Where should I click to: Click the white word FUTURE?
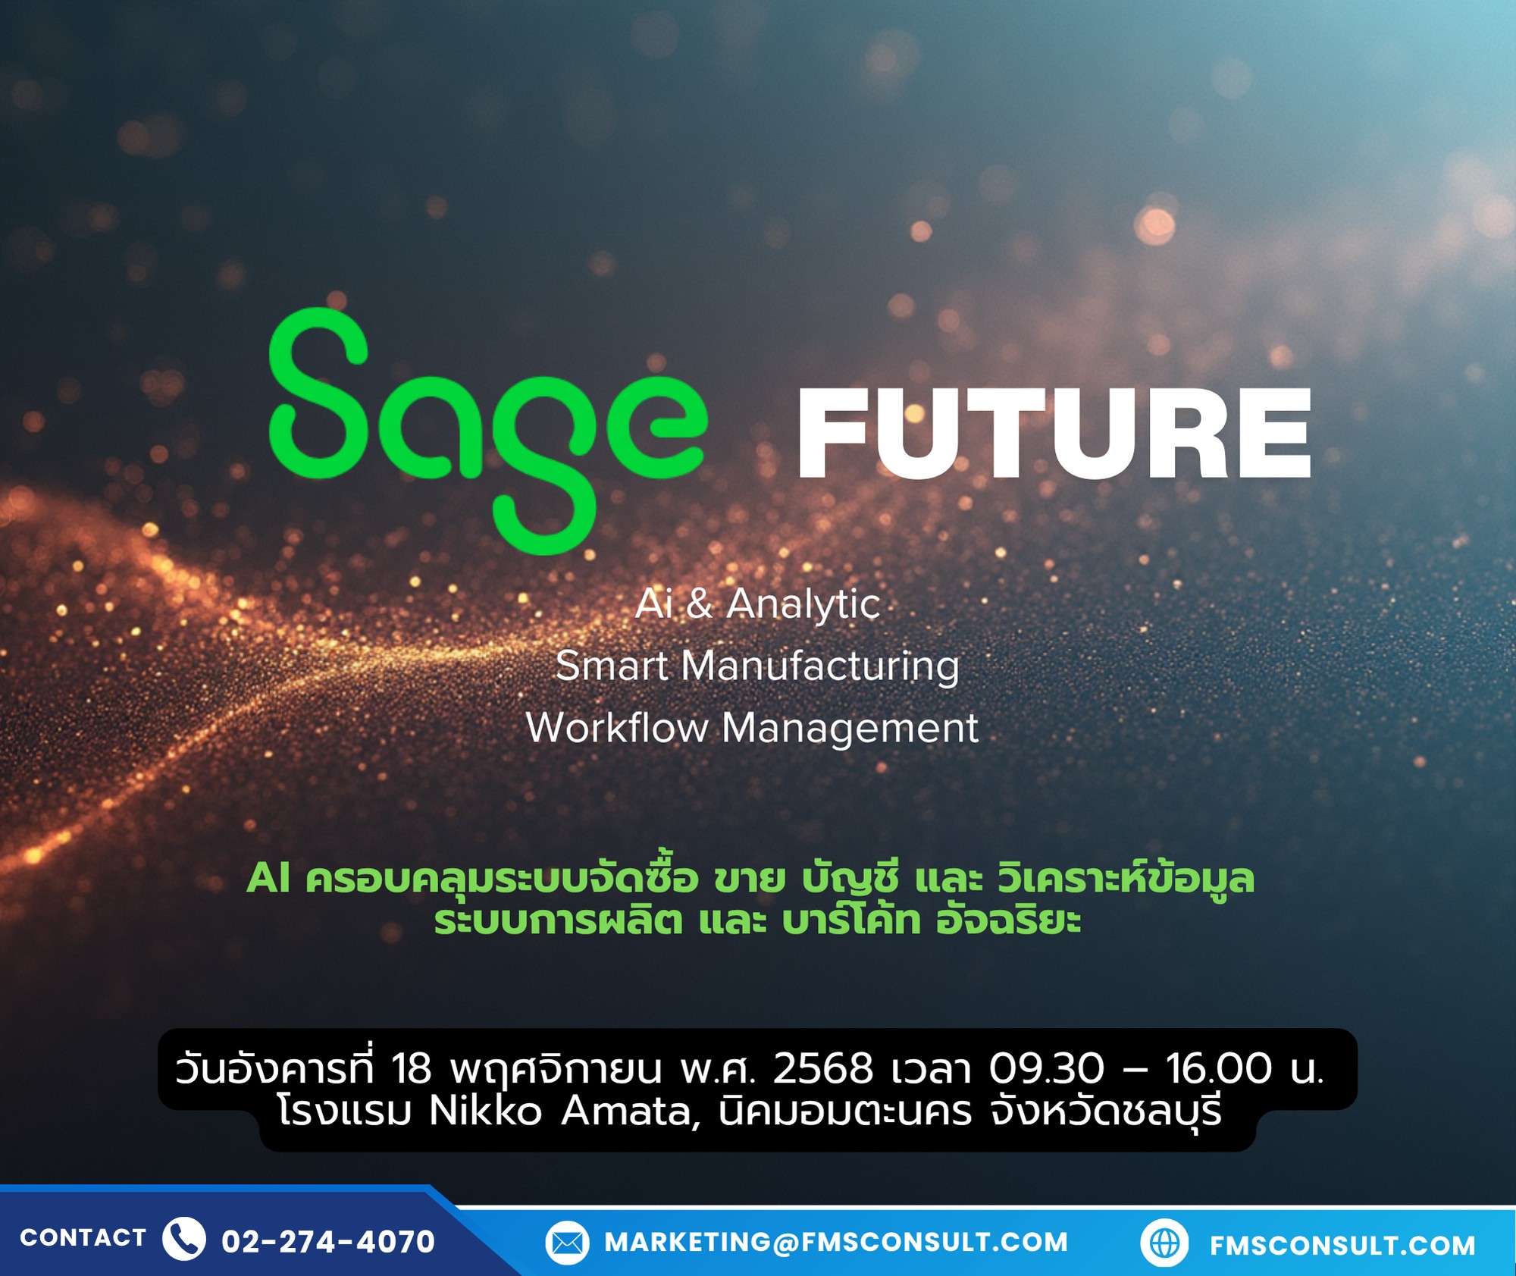coord(1054,434)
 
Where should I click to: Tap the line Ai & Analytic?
coord(757,605)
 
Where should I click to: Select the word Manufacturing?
coord(820,667)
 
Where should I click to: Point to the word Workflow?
coord(617,728)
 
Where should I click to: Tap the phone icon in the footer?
coord(184,1239)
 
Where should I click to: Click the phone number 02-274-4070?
coord(328,1242)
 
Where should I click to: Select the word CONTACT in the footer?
coord(83,1238)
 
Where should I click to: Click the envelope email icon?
coord(567,1243)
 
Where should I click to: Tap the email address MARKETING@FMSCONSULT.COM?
coord(836,1243)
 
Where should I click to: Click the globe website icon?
coord(1164,1243)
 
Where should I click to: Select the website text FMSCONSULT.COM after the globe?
coord(1342,1246)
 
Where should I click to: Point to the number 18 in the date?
coord(412,1069)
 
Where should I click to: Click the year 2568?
coord(823,1069)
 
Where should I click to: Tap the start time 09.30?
coord(1047,1069)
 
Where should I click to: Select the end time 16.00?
coord(1219,1069)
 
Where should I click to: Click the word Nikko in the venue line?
coord(486,1112)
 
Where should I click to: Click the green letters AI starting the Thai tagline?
coord(269,879)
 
